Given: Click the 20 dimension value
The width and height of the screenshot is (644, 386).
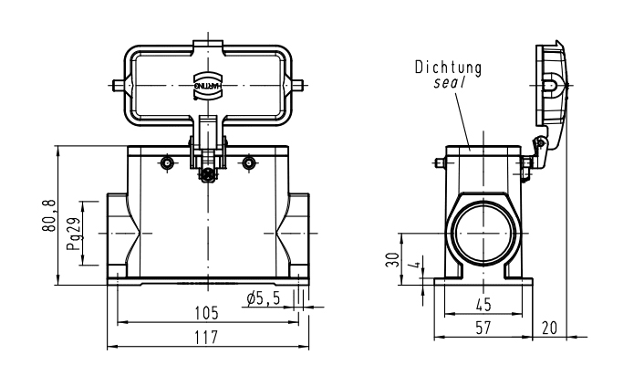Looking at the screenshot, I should (x=550, y=328).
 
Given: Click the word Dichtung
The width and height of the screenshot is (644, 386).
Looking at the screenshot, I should (x=447, y=67).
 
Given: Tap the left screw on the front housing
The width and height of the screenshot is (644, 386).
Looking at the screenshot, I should (x=166, y=162).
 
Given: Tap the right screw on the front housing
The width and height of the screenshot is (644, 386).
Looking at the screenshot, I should (x=249, y=162).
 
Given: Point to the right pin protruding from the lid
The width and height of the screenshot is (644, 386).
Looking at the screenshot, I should (x=300, y=87).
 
